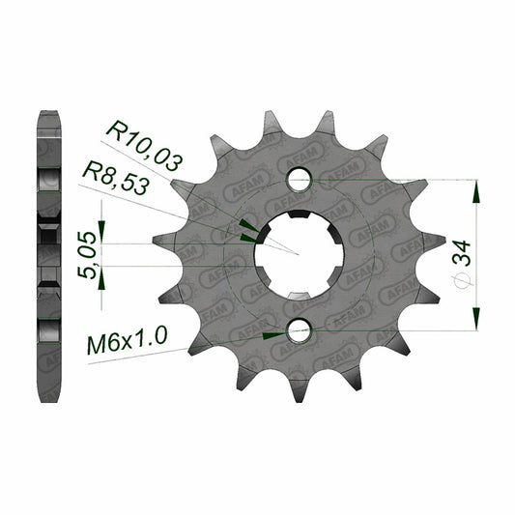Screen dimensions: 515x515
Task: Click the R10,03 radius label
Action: coord(144,146)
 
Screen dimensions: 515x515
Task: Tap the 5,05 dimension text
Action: coord(87,255)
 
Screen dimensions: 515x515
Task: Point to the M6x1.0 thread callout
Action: coord(128,341)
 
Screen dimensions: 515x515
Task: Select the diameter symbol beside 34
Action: coord(463,281)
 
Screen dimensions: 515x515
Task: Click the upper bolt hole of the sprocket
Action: coord(299,180)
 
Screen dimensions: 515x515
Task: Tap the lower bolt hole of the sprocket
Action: coord(299,330)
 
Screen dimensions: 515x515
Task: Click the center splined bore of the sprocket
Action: coord(299,255)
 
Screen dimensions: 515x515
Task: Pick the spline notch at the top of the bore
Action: coord(299,214)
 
